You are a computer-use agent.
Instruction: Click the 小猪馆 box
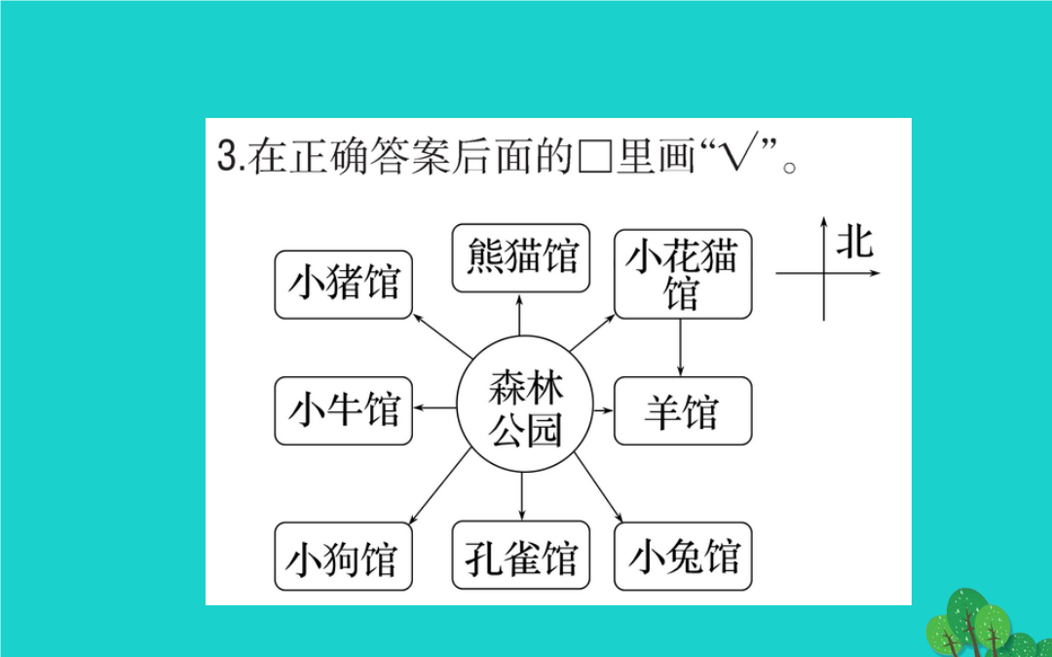344,285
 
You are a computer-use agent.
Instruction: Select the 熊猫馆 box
520,258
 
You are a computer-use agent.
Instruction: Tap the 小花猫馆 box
683,274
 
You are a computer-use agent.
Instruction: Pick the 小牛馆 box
344,410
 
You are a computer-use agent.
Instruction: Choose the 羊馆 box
683,410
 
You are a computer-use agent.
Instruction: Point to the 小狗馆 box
344,557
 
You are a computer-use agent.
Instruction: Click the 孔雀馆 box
520,557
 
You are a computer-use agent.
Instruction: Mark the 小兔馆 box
683,557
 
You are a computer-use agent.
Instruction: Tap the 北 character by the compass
854,242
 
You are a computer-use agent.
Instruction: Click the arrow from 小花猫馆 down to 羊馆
680,348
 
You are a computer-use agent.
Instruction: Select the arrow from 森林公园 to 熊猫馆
519,314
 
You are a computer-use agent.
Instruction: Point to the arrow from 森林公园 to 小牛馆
434,408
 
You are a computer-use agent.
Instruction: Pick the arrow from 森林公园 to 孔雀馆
522,496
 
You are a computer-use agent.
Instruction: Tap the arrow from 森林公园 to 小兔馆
598,487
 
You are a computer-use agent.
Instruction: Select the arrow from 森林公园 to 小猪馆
443,335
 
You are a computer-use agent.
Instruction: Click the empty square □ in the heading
593,159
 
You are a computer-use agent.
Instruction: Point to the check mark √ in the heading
737,156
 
